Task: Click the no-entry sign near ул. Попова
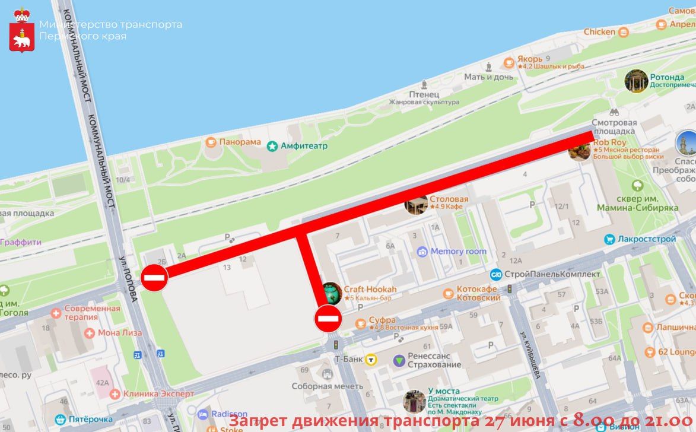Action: tap(154, 277)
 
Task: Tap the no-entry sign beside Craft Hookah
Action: tap(328, 319)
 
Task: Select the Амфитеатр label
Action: tap(304, 145)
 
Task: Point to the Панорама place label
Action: tap(240, 142)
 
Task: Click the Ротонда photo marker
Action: tap(636, 81)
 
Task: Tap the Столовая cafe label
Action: tap(449, 199)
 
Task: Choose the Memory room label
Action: tap(458, 252)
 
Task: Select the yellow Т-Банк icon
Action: tap(371, 359)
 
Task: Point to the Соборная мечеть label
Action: tap(327, 386)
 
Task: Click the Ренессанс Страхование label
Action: tap(434, 360)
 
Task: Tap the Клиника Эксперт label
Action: tap(158, 393)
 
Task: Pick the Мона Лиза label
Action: tap(120, 333)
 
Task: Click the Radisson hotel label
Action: tap(229, 414)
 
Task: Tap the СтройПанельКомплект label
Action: tap(552, 274)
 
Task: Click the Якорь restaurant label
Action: tap(529, 59)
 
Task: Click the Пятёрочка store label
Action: tap(90, 419)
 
